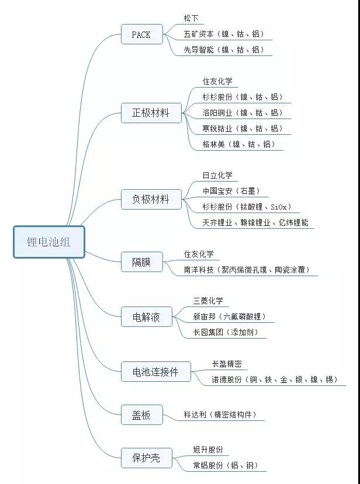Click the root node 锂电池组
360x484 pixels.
[49, 242]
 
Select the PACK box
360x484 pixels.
[142, 34]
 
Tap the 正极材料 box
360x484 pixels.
[151, 113]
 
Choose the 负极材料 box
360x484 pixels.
[151, 200]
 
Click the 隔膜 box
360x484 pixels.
[142, 262]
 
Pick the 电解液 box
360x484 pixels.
[147, 316]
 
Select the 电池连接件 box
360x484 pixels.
[155, 372]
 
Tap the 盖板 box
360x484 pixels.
[142, 415]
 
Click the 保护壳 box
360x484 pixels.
[147, 458]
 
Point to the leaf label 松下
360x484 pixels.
[191, 18]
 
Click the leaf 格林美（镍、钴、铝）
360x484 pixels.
[239, 144]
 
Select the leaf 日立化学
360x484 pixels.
[217, 175]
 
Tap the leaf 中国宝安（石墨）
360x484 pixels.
[231, 191]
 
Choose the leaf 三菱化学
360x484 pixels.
[208, 301]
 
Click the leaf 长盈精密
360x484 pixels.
[227, 364]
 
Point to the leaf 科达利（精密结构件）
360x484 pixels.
[221, 415]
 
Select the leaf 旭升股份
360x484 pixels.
[208, 450]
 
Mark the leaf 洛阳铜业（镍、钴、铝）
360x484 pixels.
[243, 113]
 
